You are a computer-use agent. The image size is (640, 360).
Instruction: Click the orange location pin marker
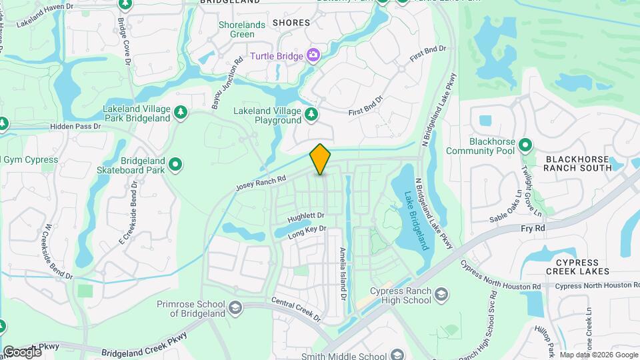[x=320, y=159]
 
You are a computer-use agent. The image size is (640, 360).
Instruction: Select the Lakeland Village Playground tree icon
[x=311, y=116]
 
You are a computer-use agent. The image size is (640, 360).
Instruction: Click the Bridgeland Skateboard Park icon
[x=176, y=163]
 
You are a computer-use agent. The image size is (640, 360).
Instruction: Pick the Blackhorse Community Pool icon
[x=525, y=145]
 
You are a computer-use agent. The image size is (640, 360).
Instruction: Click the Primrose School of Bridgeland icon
[x=234, y=307]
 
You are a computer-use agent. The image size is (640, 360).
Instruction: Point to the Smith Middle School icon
[x=397, y=355]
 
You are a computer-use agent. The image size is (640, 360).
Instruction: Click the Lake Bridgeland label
[x=416, y=221]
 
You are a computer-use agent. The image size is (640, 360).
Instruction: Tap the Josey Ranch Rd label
[x=261, y=184]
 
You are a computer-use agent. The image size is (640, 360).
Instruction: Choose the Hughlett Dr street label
[x=305, y=218]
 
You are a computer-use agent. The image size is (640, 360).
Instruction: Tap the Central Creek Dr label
[x=297, y=310]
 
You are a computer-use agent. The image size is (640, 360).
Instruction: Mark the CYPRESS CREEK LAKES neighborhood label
[x=577, y=267]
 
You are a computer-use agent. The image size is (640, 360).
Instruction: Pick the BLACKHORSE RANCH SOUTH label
[x=577, y=163]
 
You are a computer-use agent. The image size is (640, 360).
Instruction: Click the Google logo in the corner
[x=21, y=351]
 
